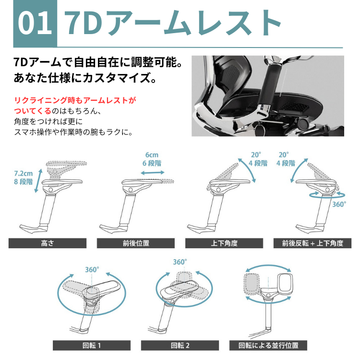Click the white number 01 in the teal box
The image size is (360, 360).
pos(35,23)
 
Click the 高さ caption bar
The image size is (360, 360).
pos(48,243)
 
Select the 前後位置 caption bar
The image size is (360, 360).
pos(136,243)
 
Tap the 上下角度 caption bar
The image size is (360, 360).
pos(224,243)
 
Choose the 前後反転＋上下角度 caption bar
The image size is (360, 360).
pos(312,243)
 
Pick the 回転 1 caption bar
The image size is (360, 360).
pos(92,345)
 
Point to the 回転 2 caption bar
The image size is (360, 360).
pos(180,345)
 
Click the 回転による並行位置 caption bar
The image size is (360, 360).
pos(268,345)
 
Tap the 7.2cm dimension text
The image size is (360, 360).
pos(24,173)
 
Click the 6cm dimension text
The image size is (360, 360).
pos(152,155)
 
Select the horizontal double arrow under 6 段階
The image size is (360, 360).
pos(153,173)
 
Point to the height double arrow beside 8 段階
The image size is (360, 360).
pos(38,181)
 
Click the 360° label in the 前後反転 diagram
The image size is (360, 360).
pos(339,204)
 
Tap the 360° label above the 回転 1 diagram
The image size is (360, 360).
pos(92,270)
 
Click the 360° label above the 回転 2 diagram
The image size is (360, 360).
pos(180,262)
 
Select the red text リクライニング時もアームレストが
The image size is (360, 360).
pos(75,100)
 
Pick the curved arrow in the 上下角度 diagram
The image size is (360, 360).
pos(248,169)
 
